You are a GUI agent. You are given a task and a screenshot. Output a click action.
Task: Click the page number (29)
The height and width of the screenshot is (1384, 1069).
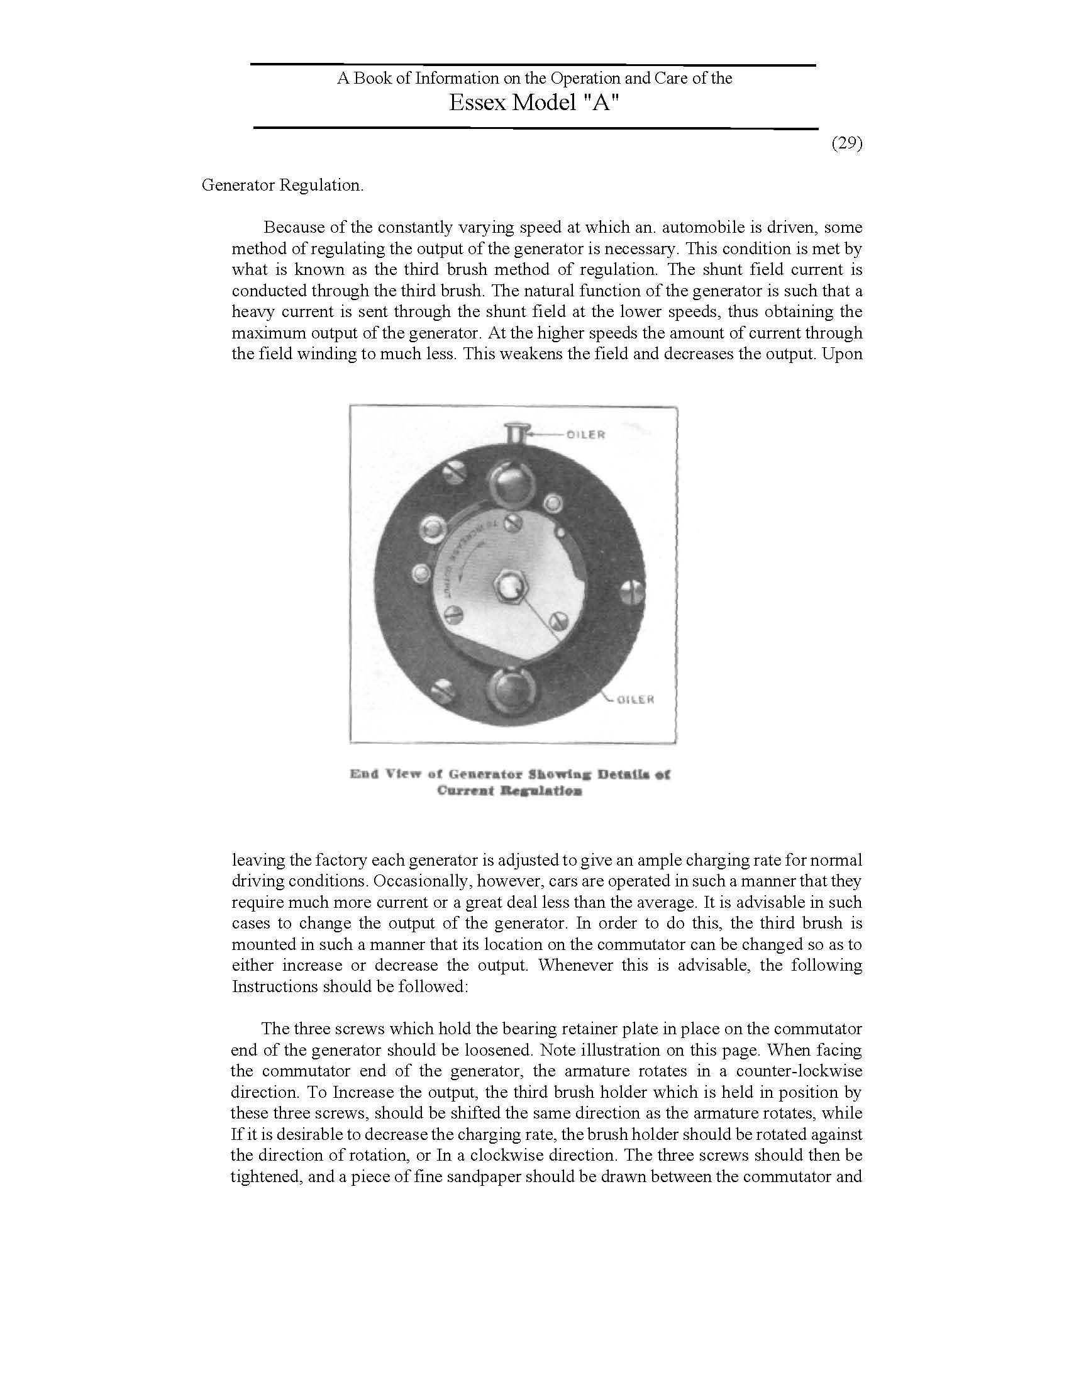pyautogui.click(x=847, y=143)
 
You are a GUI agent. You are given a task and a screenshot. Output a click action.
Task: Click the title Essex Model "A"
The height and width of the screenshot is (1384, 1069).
pyautogui.click(x=533, y=103)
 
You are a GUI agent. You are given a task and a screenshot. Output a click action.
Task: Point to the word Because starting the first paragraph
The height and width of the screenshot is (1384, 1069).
pyautogui.click(x=296, y=228)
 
